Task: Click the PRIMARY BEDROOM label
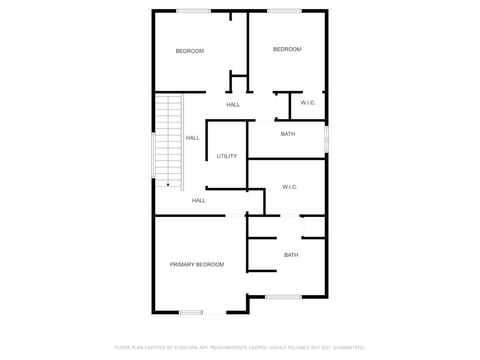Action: (x=197, y=265)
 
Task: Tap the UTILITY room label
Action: (x=227, y=156)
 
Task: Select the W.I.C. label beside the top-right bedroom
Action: (x=308, y=103)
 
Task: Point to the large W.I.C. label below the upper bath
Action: (x=290, y=187)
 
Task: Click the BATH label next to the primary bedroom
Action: (x=291, y=255)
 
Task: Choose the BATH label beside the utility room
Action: (x=288, y=134)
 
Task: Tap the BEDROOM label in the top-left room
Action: (x=190, y=51)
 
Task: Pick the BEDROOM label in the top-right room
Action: (x=287, y=49)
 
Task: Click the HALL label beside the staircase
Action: (x=193, y=138)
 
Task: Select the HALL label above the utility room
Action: (x=233, y=105)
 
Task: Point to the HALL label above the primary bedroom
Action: (x=198, y=201)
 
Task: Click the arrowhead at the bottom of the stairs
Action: (x=168, y=185)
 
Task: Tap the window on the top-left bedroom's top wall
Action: (x=193, y=11)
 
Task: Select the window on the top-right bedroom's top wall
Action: (x=284, y=11)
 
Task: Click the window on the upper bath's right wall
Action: (x=327, y=139)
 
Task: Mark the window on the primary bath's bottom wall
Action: (x=283, y=297)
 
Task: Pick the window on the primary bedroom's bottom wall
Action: (x=191, y=313)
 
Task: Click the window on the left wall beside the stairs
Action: (x=153, y=155)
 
